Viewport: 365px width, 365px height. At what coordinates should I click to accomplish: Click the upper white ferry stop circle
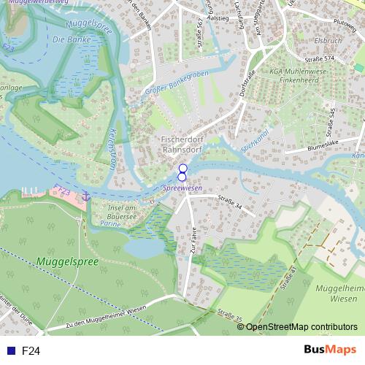pos(183,168)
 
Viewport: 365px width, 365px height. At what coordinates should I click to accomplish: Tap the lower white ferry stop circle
pos(182,177)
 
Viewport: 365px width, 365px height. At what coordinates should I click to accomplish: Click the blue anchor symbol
pos(85,195)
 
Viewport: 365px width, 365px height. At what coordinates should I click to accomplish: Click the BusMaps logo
pos(330,350)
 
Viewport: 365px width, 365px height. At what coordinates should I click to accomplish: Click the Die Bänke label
pos(69,40)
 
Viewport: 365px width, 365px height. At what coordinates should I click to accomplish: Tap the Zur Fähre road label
pos(191,255)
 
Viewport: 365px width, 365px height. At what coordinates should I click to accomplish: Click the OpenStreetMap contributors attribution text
pos(301,326)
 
